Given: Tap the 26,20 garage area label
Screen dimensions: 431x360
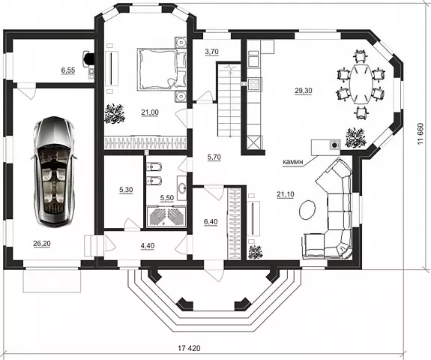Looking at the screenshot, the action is pyautogui.click(x=42, y=244).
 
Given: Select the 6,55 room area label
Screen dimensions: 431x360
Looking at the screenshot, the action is pyautogui.click(x=68, y=70).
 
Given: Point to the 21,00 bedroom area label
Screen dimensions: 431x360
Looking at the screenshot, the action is pyautogui.click(x=150, y=112).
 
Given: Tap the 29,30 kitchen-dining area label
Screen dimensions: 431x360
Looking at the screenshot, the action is pyautogui.click(x=304, y=91).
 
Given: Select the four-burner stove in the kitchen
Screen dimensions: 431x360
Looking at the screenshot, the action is pyautogui.click(x=255, y=84).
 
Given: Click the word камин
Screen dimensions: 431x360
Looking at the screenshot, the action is pyautogui.click(x=293, y=162).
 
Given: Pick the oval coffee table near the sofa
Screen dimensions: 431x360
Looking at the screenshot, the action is pyautogui.click(x=307, y=209).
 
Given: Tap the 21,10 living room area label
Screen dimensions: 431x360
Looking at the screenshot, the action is pyautogui.click(x=286, y=194).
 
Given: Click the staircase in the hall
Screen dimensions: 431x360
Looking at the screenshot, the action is pyautogui.click(x=229, y=100).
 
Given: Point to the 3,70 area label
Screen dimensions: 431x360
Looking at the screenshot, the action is pyautogui.click(x=211, y=52).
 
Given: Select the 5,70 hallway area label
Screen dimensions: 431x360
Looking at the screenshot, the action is pyautogui.click(x=214, y=157).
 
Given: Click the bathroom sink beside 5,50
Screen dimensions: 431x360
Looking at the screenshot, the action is pyautogui.click(x=181, y=188).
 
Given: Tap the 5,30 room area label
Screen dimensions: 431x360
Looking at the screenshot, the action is pyautogui.click(x=126, y=190).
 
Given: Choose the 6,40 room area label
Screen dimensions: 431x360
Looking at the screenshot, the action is pyautogui.click(x=211, y=222).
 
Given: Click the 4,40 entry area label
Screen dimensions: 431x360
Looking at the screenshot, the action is pyautogui.click(x=148, y=245).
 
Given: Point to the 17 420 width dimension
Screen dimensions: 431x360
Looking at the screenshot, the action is pyautogui.click(x=189, y=348).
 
